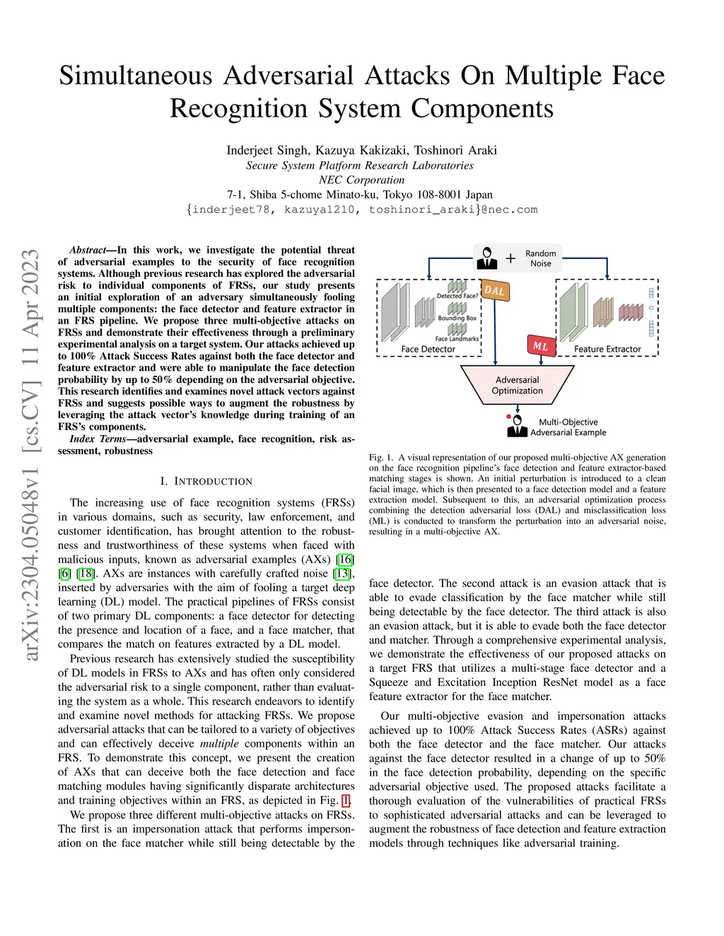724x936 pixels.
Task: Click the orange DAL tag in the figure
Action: pos(495,290)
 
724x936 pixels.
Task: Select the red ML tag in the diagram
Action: pos(541,345)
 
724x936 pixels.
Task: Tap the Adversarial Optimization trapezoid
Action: pos(518,385)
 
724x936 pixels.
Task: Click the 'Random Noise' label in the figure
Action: pos(541,259)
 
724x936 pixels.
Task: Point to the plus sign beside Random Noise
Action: pos(510,259)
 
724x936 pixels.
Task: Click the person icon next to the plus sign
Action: pos(487,258)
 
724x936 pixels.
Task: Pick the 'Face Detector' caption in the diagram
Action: pos(428,349)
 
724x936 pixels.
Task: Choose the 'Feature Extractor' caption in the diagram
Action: pos(607,349)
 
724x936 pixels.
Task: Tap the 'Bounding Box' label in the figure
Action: pos(457,318)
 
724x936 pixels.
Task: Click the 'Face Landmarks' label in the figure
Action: pos(457,338)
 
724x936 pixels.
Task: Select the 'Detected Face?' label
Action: pos(457,296)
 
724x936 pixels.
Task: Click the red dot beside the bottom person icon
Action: pos(508,417)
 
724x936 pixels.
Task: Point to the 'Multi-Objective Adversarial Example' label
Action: pos(568,427)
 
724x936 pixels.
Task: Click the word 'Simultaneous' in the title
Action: pos(136,76)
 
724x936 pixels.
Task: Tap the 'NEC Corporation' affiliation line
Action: pos(361,179)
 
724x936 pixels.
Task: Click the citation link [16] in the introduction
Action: pos(345,559)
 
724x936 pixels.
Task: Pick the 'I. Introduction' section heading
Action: pos(206,481)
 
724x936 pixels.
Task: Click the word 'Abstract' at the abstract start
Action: pos(88,250)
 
